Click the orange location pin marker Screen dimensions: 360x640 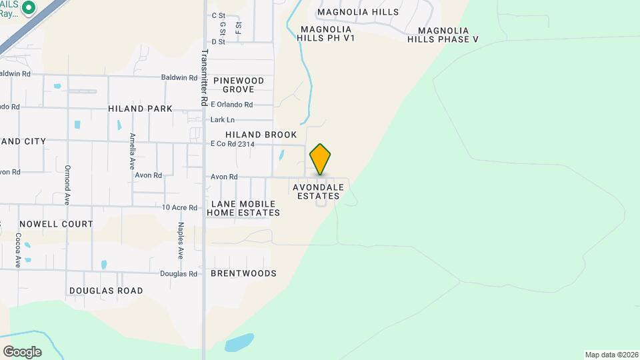pyautogui.click(x=321, y=159)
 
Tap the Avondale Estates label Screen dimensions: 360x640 pyautogui.click(x=319, y=191)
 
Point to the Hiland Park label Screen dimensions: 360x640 pyautogui.click(x=140, y=109)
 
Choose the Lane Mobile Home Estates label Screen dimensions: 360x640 pyautogui.click(x=243, y=208)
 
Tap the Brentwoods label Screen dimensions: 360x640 pyautogui.click(x=243, y=273)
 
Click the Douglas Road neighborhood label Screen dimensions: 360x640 pyautogui.click(x=106, y=291)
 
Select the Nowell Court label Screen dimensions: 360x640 pyautogui.click(x=56, y=224)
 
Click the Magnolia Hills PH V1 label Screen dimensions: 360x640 pyautogui.click(x=327, y=33)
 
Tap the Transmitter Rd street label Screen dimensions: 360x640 pyautogui.click(x=203, y=77)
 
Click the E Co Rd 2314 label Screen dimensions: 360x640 pyautogui.click(x=233, y=144)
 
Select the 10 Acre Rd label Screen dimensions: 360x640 pyautogui.click(x=180, y=208)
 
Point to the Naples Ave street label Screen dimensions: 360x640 pyautogui.click(x=181, y=240)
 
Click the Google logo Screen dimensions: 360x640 pyautogui.click(x=22, y=351)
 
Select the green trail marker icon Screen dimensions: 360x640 pyautogui.click(x=28, y=8)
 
